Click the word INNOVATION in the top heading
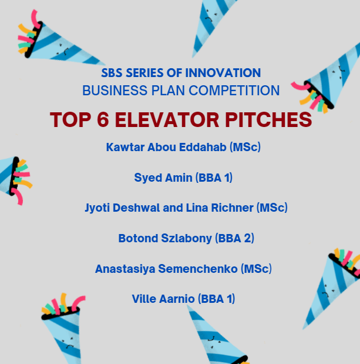click(223, 73)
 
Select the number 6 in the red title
click(103, 119)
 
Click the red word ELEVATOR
click(167, 119)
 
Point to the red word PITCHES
click(268, 119)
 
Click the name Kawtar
click(125, 147)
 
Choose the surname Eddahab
click(203, 147)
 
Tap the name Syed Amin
click(163, 178)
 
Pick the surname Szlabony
click(186, 238)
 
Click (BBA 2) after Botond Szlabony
click(234, 238)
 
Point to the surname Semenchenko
click(198, 269)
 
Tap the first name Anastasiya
click(125, 269)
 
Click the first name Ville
click(144, 299)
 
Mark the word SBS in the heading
click(112, 73)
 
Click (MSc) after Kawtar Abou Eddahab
click(245, 147)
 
